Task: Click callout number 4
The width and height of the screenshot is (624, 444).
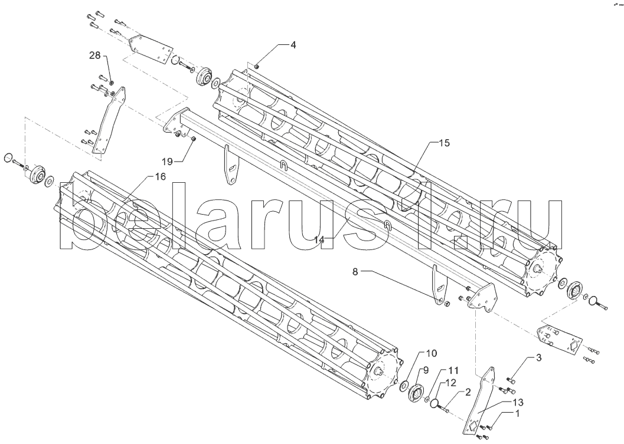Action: pos(293,45)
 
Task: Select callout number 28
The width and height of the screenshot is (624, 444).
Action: pos(95,55)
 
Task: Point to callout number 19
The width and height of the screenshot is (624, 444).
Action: pos(168,161)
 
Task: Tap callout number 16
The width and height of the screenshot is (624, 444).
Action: pos(160,177)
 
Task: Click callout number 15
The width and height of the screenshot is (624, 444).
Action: pos(445,143)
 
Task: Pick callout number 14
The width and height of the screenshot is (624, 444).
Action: pos(319,239)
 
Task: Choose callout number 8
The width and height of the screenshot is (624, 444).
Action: pos(355,272)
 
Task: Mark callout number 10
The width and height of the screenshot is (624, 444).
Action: pos(432,353)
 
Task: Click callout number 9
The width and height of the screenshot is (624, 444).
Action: pos(426,370)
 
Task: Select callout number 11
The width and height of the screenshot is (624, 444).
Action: pos(453,371)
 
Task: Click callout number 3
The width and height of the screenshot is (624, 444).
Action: pos(538,358)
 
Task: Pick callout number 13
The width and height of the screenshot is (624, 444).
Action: pos(518,402)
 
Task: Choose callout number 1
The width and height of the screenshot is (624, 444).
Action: pos(517,414)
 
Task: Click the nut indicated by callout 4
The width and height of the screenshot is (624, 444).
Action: pos(257,66)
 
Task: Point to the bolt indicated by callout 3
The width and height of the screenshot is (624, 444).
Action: pos(512,380)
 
